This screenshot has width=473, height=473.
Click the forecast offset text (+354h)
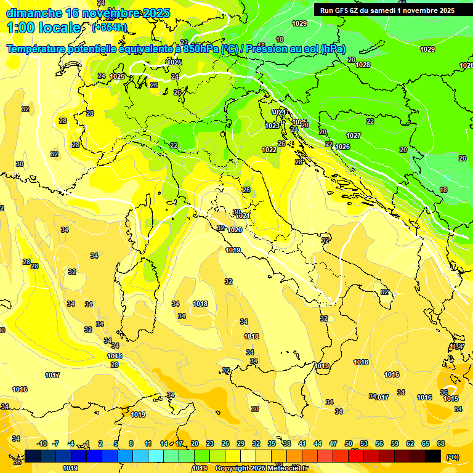110,27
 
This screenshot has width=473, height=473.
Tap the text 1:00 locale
44,28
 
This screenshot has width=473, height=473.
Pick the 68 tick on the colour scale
441,443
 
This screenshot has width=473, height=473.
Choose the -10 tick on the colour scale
42,443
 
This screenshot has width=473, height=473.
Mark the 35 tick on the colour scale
272,443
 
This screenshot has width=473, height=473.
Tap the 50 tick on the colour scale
349,443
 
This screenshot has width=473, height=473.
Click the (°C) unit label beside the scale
453,457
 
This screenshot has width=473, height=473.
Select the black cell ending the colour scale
433,456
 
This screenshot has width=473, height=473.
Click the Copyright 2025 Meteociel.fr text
261,469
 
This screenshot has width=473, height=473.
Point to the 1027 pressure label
354,135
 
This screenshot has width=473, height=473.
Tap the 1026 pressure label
343,147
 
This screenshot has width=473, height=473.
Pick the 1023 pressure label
272,126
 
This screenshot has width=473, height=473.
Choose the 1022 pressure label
269,150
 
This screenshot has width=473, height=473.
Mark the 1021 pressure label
243,216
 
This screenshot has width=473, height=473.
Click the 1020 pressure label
235,230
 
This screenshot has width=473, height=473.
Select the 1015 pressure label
451,398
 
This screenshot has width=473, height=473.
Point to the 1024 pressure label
279,112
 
